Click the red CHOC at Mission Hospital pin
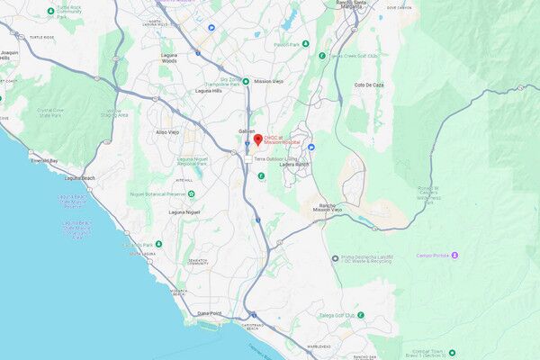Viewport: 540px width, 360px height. coord(256,139)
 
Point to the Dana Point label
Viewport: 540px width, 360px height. coord(209,313)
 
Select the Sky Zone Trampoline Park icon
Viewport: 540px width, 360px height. coord(245,81)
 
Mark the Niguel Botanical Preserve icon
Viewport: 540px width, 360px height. coord(191,193)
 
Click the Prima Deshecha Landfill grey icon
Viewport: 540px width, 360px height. coord(334,257)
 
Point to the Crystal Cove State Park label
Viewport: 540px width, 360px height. coord(49,112)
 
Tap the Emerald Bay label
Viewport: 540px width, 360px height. coord(42,160)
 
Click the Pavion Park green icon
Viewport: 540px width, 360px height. coord(306,43)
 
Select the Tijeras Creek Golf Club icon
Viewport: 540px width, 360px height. coord(322,56)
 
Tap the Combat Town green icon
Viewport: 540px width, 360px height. coord(452,352)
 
